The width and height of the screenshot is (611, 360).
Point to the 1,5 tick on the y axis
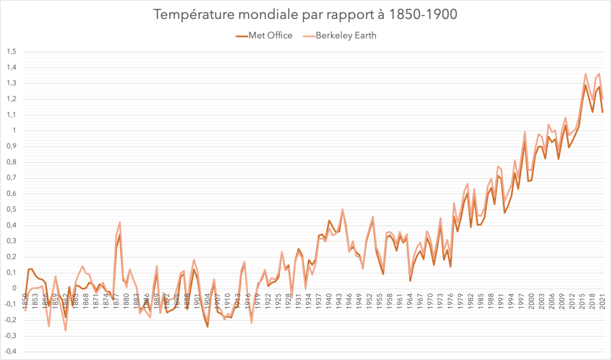click(x=11, y=52)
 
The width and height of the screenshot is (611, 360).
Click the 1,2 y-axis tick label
click(x=11, y=99)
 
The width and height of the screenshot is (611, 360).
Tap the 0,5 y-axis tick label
click(x=11, y=209)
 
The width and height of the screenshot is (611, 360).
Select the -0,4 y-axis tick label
click(x=10, y=351)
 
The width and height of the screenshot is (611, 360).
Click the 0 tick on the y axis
click(x=14, y=288)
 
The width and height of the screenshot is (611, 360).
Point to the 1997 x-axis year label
click(x=522, y=298)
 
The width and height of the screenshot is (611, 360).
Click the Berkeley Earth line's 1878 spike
click(x=120, y=222)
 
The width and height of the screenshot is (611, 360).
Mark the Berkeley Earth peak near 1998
click(x=525, y=132)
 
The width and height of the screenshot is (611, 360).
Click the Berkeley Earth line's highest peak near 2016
click(x=586, y=74)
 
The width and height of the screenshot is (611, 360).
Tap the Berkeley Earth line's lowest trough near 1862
click(x=66, y=330)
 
